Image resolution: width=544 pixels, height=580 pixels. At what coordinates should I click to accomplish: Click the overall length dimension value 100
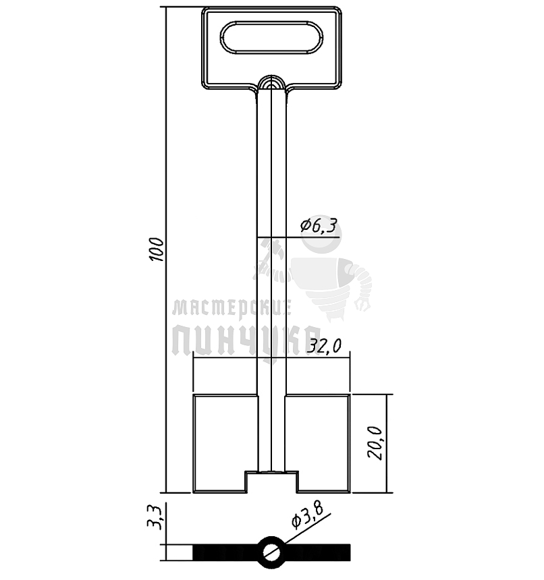[157, 250]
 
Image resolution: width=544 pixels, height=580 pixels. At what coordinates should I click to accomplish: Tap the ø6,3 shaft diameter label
[319, 225]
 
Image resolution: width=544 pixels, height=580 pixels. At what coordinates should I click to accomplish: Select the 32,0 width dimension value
[324, 346]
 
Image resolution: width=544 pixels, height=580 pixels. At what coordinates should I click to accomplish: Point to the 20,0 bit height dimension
[375, 443]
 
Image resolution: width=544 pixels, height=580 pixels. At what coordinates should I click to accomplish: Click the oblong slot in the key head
[271, 37]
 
